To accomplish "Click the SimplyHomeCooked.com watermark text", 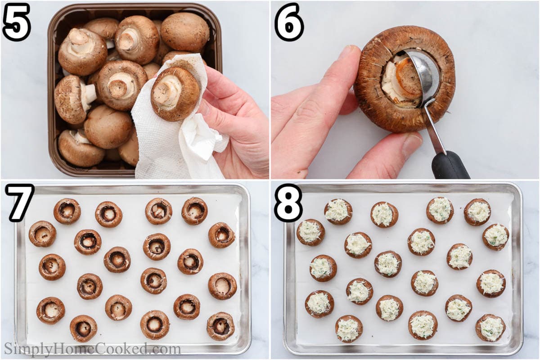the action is [93, 349].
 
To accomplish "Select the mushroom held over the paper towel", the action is [175, 94].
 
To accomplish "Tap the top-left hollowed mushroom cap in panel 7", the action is [67, 211].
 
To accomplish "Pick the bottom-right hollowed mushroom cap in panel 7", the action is [220, 326].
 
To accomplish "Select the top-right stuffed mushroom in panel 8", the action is [477, 212].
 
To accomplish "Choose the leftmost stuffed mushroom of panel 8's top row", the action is [338, 211].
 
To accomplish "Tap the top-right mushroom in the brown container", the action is [185, 32].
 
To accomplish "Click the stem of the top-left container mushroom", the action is [77, 39].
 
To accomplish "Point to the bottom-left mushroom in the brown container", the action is [81, 148].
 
